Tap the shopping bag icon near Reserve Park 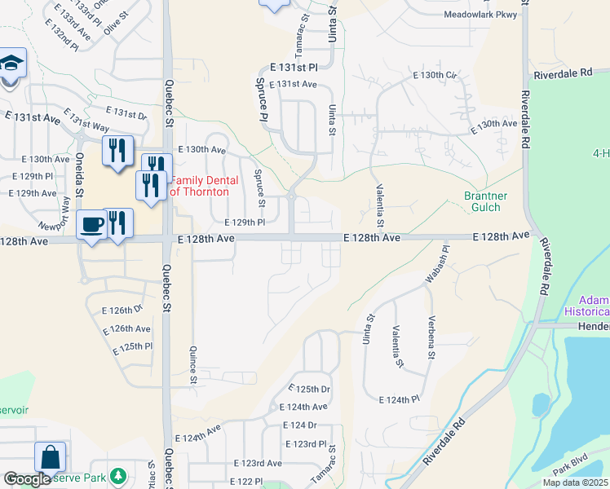point(50,457)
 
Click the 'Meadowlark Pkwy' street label point(480,15)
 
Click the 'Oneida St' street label point(80,174)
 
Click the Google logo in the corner point(28,480)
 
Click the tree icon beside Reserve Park point(119,474)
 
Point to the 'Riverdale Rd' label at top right point(563,73)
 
